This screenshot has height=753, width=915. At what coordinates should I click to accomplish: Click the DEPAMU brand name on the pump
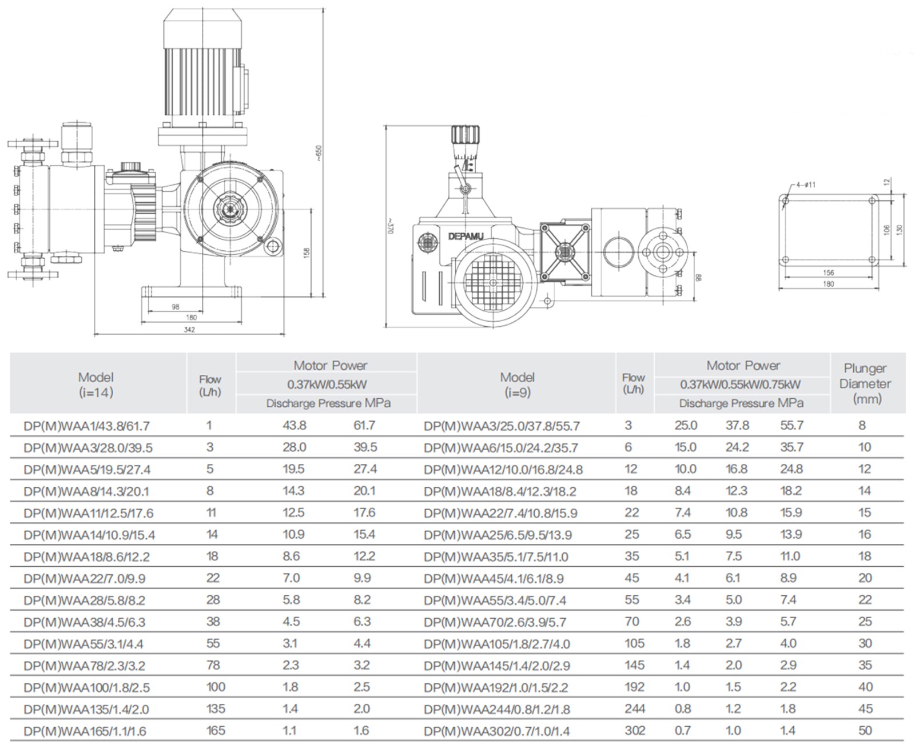466,236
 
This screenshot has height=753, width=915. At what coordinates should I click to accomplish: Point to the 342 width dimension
189,330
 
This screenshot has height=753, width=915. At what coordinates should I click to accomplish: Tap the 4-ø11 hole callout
805,185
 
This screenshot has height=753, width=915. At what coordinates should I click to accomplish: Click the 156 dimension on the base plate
828,273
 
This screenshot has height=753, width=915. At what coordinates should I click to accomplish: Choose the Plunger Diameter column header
866,383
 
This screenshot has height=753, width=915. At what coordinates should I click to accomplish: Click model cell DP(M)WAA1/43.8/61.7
87,426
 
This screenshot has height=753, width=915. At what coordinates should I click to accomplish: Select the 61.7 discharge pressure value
364,425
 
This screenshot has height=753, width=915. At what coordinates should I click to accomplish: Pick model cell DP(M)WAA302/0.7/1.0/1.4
496,731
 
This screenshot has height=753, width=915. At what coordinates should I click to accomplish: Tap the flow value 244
635,709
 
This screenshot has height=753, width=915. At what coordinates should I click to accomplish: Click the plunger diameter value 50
865,731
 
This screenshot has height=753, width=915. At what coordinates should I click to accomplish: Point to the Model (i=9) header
517,384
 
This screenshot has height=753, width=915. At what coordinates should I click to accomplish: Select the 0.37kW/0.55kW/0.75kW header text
740,384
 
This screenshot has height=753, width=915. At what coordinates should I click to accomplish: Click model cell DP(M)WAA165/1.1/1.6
85,731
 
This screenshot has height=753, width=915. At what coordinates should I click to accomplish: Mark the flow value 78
213,665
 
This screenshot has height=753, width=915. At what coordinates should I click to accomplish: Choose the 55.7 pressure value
791,426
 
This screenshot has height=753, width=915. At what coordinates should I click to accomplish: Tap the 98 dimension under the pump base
176,307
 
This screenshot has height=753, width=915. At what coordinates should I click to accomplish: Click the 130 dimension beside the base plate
899,229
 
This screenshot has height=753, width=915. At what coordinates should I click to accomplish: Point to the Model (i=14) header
96,384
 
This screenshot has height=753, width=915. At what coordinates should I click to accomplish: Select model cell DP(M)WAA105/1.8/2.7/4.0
496,644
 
